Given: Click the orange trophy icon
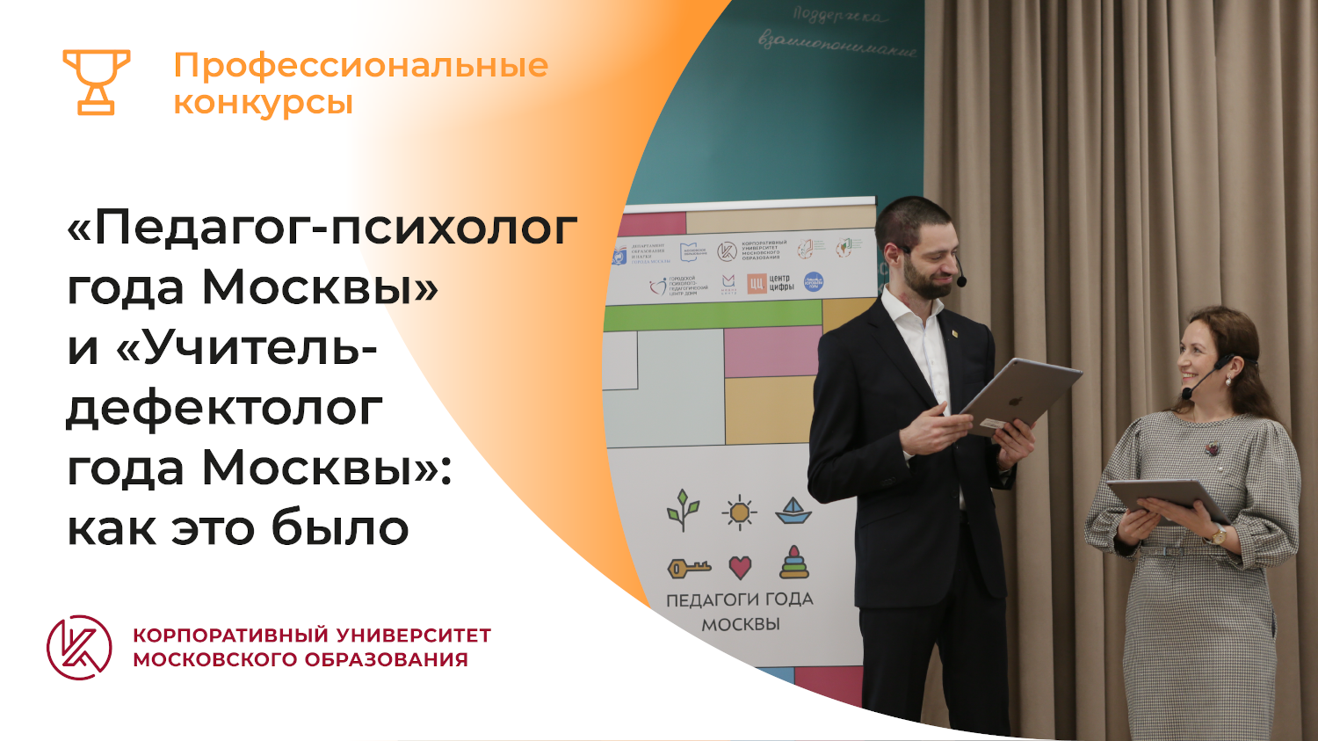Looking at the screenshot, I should (x=96, y=82).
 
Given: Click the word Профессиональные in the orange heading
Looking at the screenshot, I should (x=360, y=66).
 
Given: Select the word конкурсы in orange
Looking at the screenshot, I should (x=263, y=103).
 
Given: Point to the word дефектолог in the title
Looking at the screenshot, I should (x=224, y=409).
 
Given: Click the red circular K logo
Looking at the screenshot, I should (x=79, y=648).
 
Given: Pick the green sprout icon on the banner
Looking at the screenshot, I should (x=683, y=510).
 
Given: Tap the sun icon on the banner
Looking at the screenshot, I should (x=739, y=512).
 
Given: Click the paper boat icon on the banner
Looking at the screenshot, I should (x=793, y=511).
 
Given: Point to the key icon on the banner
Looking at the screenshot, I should (x=689, y=569).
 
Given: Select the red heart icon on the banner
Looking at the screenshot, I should (x=741, y=567).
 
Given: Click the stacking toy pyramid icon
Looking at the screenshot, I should (x=794, y=563).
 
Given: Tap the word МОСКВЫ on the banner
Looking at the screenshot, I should (x=740, y=624).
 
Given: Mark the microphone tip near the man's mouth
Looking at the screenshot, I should (x=961, y=281).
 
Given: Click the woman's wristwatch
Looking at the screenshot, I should (x=1218, y=534).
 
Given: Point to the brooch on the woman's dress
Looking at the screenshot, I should (x=1213, y=449).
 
